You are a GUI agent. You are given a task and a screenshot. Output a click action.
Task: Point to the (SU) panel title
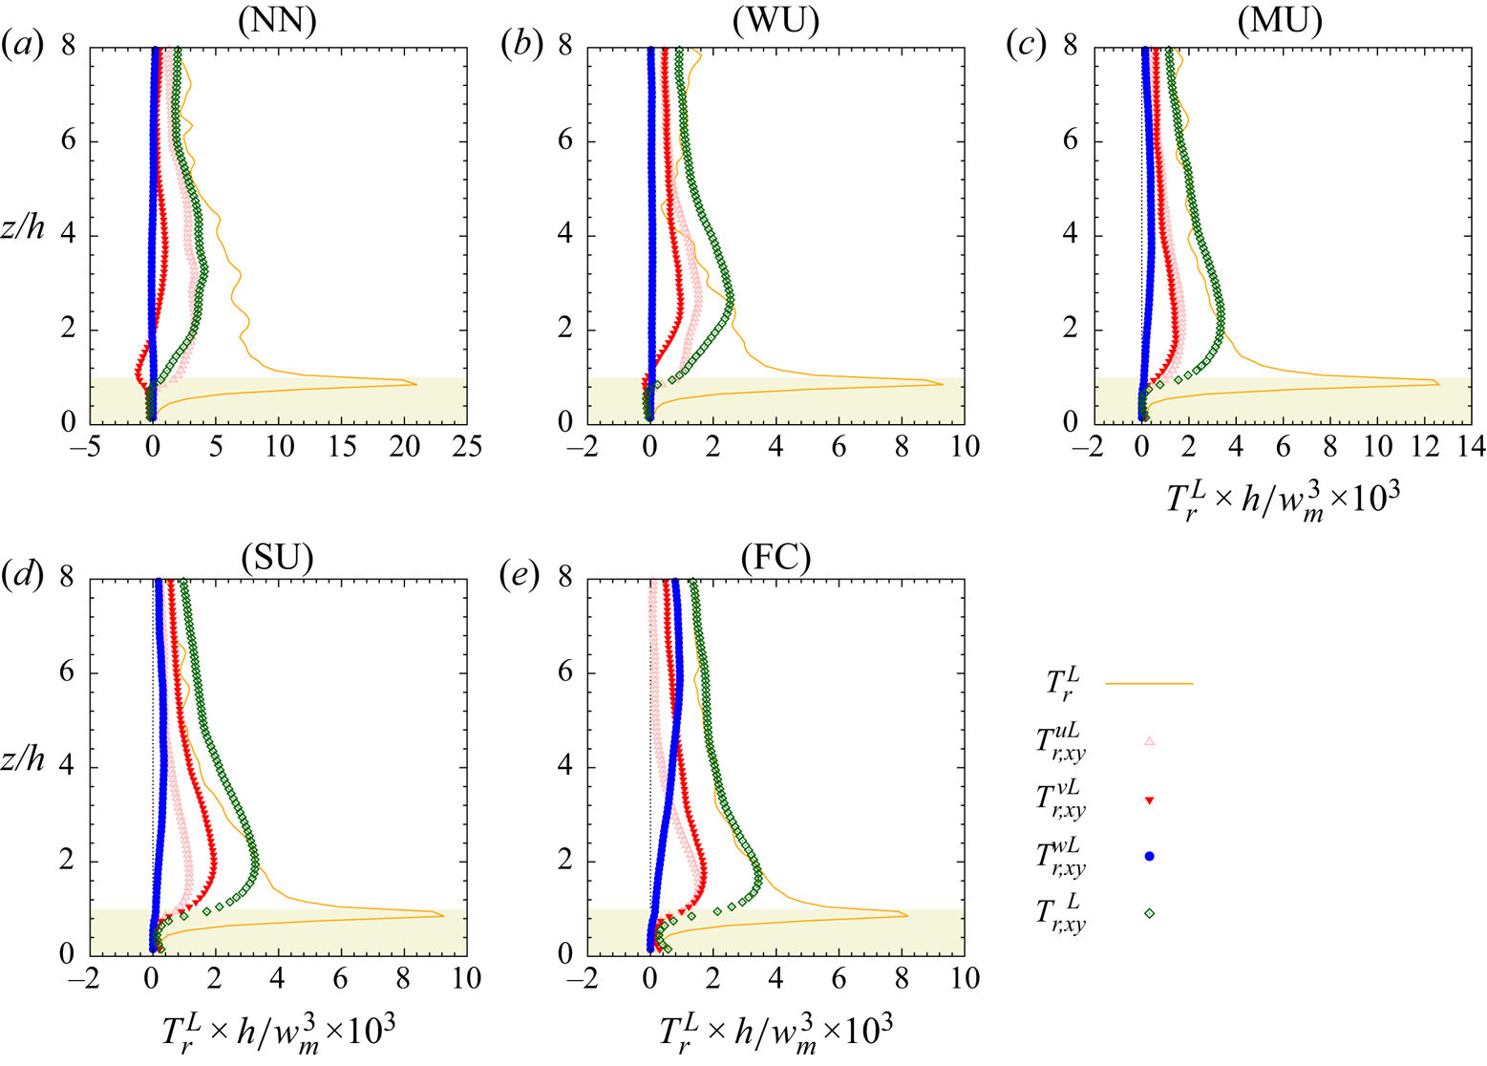click(x=278, y=557)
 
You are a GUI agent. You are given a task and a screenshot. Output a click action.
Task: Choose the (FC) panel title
click(x=775, y=557)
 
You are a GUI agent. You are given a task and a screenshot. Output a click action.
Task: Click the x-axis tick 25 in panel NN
click(x=467, y=447)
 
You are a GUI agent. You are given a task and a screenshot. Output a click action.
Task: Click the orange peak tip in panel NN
click(x=416, y=384)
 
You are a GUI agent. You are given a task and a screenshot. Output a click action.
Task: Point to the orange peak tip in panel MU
click(x=1438, y=384)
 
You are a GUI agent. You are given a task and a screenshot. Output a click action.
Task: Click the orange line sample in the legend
click(x=1149, y=684)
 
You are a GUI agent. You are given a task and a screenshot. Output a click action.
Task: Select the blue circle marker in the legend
click(x=1150, y=857)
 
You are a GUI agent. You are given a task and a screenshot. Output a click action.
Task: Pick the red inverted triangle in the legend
click(x=1150, y=800)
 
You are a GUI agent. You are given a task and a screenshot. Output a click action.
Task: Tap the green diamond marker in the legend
click(x=1150, y=914)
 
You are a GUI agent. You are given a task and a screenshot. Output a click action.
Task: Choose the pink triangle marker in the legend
click(x=1150, y=741)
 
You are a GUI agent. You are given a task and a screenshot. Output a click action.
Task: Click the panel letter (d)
click(x=21, y=578)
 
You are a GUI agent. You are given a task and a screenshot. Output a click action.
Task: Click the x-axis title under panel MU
click(x=1282, y=498)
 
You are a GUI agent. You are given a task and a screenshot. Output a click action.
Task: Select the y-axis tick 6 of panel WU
click(x=566, y=141)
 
